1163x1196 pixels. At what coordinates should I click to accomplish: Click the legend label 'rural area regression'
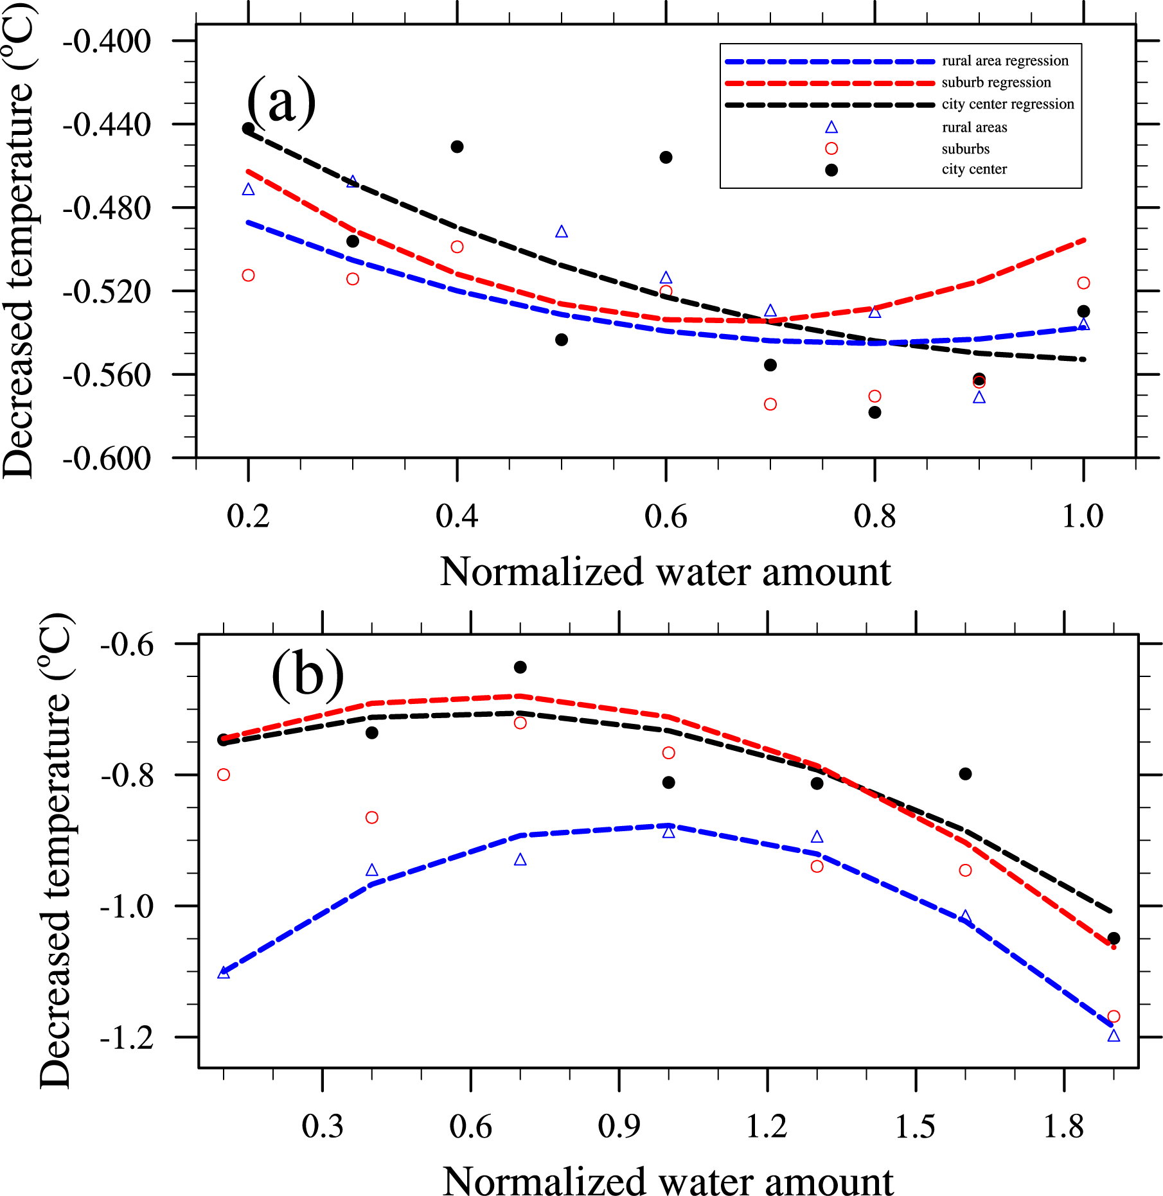pos(1005,61)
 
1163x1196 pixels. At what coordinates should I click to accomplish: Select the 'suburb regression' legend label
pos(996,83)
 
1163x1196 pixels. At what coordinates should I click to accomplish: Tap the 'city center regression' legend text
pos(1008,104)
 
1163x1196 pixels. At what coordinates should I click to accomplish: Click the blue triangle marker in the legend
pos(831,127)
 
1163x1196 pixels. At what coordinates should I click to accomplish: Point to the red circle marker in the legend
pos(831,148)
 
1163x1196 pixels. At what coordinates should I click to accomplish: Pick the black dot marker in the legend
pos(831,170)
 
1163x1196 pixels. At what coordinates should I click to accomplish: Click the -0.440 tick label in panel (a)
pos(107,125)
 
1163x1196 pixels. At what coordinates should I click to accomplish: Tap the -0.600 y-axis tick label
pos(107,459)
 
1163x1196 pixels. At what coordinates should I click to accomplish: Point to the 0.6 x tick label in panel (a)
pos(666,516)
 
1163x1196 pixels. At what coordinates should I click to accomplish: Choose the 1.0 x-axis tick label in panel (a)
pos(1083,516)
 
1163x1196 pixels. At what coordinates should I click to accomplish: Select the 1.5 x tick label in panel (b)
pos(915,1127)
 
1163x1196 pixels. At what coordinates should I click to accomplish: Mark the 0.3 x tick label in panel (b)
pos(323,1127)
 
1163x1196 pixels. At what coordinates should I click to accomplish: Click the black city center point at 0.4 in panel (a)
pos(457,147)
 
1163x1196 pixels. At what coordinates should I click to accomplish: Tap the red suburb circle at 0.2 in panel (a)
pos(248,276)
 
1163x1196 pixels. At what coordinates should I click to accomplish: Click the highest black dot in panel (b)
pos(520,667)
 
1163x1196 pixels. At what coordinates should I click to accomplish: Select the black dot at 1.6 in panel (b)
pos(965,774)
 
